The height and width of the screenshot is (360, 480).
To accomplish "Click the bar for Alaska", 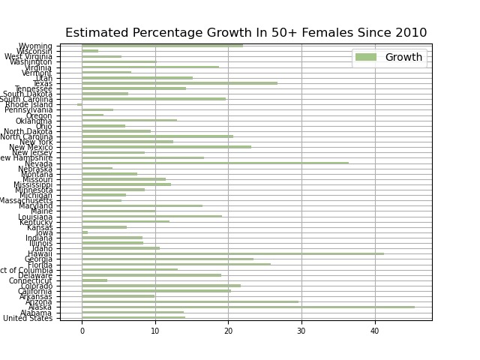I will click(247, 307).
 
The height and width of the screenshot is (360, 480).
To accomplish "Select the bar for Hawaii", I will click(232, 253).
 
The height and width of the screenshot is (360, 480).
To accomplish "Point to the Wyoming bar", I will click(162, 46).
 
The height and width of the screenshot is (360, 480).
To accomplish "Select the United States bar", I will click(133, 317).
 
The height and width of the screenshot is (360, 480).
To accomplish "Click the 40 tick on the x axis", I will click(374, 329).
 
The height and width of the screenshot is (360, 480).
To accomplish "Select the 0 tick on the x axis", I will click(82, 329).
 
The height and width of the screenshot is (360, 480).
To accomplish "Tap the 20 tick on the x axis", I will click(228, 329).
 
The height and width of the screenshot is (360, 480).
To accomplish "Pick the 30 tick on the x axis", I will click(301, 329).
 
